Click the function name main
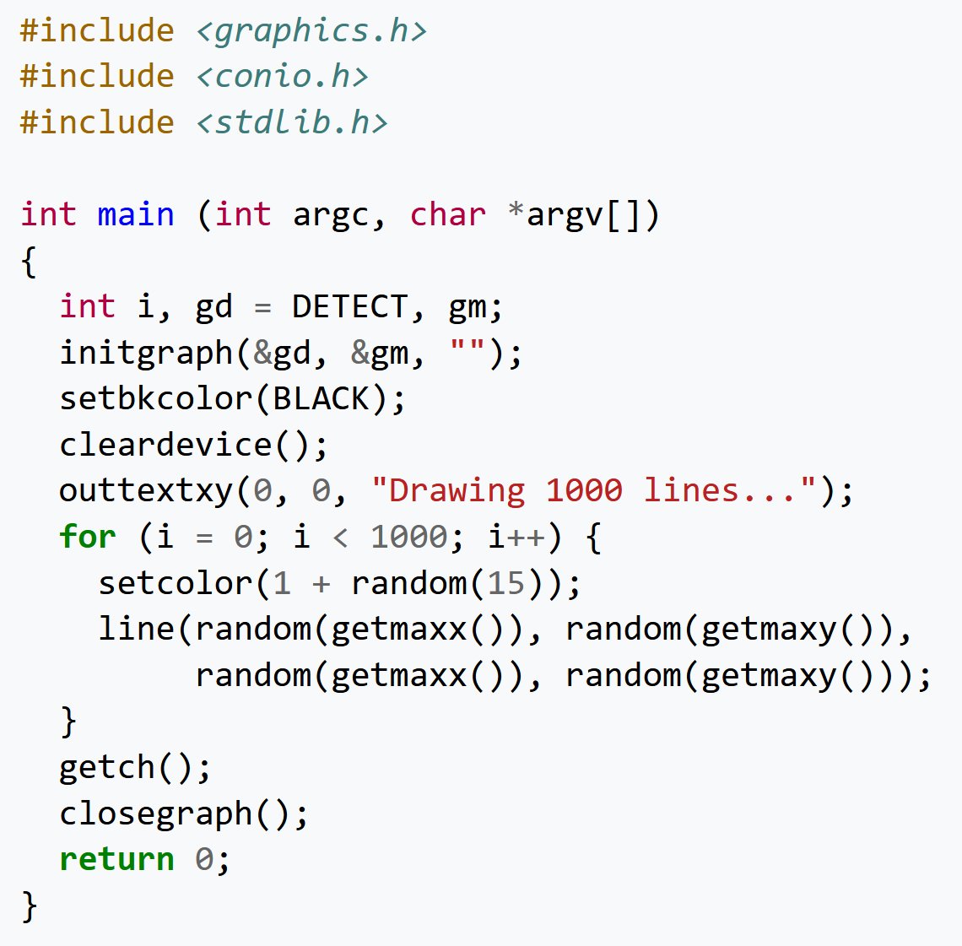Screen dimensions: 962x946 (x=136, y=214)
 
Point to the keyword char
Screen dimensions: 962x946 (x=447, y=214)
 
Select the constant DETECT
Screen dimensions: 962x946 (x=349, y=306)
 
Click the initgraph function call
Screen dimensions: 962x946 (x=146, y=353)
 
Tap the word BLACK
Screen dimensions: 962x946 (x=321, y=398)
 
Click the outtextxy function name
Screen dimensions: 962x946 (x=146, y=491)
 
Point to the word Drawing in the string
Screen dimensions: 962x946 (x=457, y=490)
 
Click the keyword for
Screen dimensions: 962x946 (x=88, y=537)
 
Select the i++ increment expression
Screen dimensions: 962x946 (x=516, y=537)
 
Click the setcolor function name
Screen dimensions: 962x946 (x=175, y=583)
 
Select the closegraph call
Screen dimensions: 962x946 (x=155, y=814)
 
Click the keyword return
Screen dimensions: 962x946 (x=116, y=859)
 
